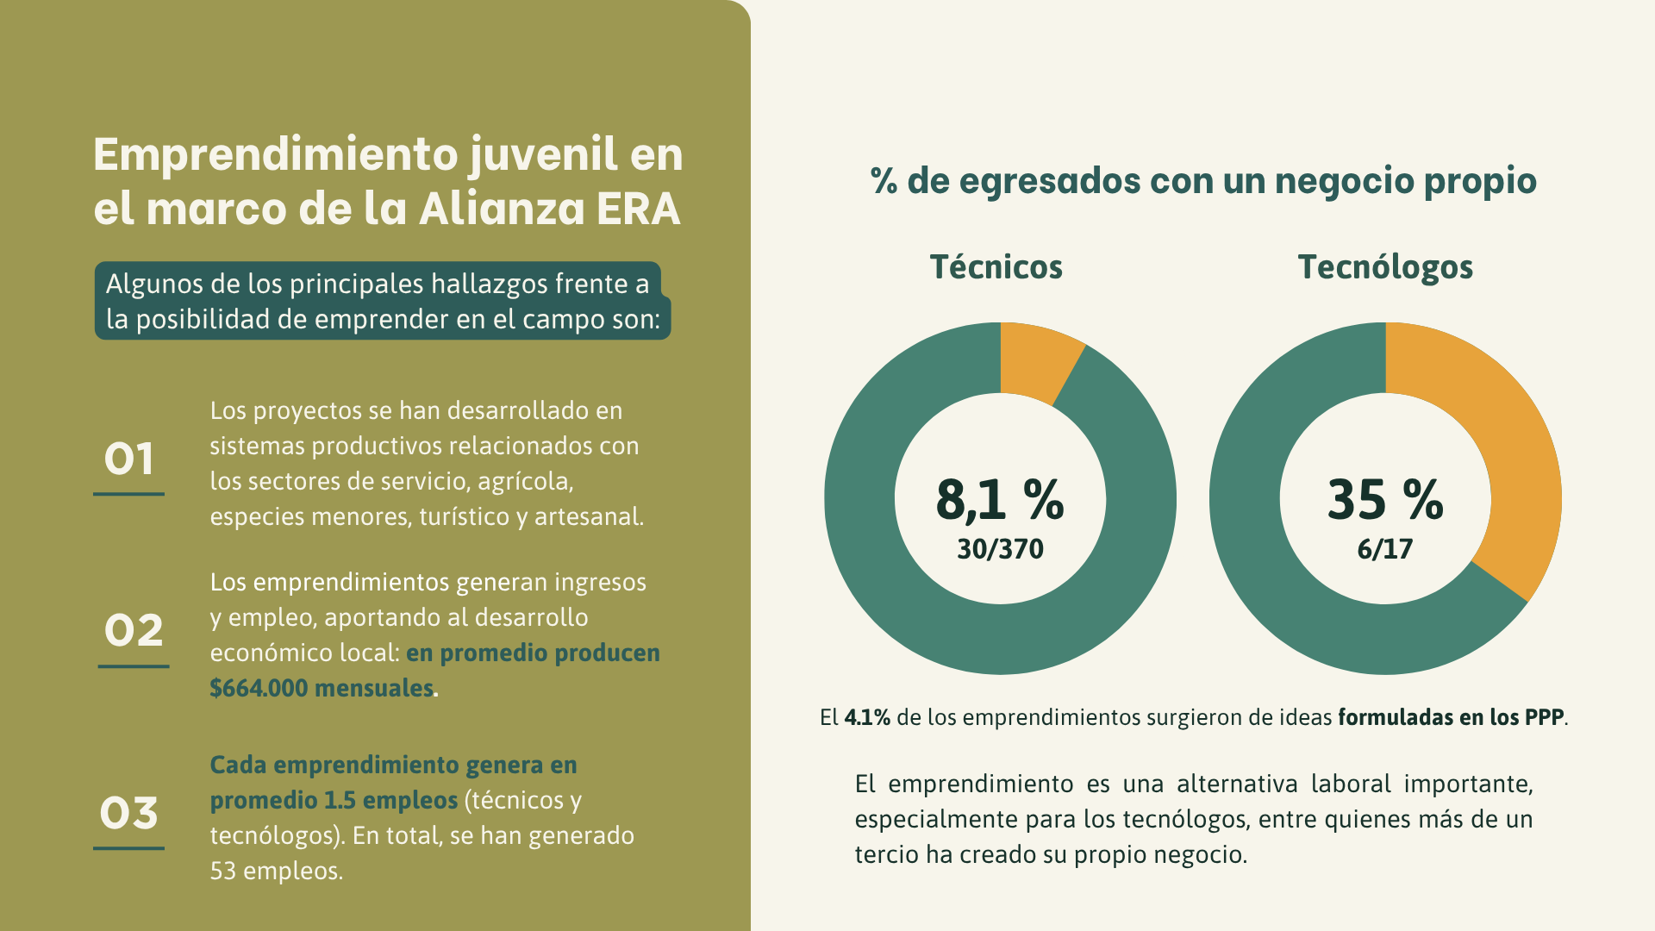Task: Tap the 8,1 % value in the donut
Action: click(x=1000, y=499)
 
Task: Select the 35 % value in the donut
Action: click(x=1385, y=499)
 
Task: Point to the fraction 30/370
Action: click(x=1000, y=549)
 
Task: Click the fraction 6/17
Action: click(x=1385, y=549)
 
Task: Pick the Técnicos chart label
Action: click(x=996, y=267)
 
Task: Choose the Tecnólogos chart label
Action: click(x=1385, y=268)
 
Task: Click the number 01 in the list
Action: click(x=129, y=459)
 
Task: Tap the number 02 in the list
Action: click(x=134, y=631)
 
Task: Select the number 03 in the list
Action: click(x=129, y=814)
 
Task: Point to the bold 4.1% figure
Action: click(x=867, y=717)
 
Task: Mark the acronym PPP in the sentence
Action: click(x=1544, y=717)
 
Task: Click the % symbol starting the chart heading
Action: click(x=884, y=181)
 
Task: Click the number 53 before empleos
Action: click(x=223, y=871)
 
